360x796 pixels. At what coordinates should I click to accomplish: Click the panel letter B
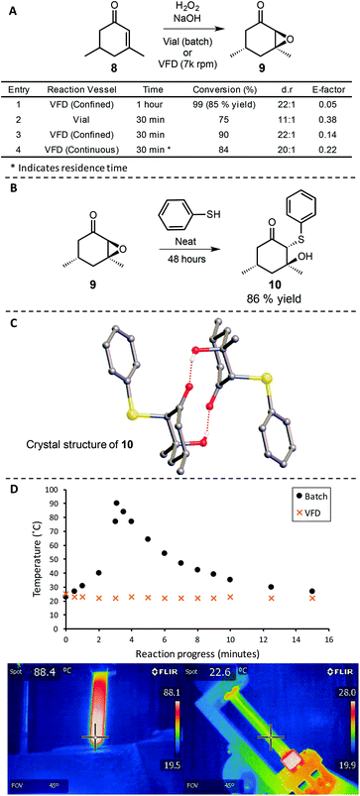pyautogui.click(x=9, y=204)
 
